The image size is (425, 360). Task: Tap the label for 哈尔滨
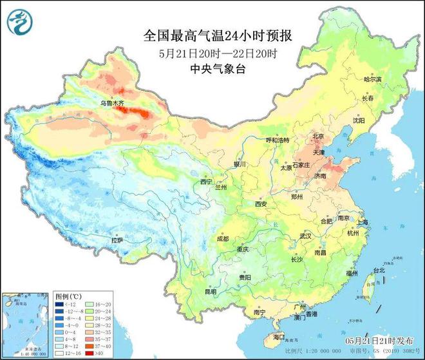(x=373, y=79)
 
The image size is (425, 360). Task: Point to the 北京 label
(x=317, y=136)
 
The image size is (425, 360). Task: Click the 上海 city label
(x=363, y=222)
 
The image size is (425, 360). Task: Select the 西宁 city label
(x=206, y=182)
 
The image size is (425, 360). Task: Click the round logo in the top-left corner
(x=19, y=24)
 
